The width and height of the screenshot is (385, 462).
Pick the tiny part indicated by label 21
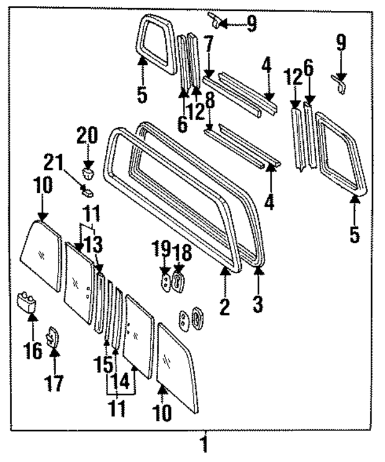(87, 192)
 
